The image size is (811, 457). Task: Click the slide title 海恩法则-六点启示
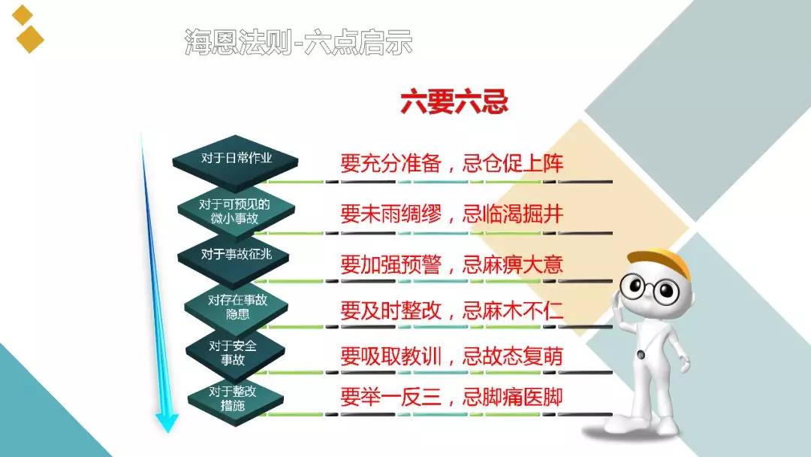298,42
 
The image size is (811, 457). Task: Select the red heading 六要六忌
454,101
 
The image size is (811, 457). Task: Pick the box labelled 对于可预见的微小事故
236,212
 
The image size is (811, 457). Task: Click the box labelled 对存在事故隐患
237,307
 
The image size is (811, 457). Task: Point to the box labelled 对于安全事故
235,353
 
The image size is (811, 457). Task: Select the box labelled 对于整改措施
235,398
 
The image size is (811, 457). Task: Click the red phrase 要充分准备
390,164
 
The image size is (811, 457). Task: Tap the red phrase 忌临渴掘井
512,213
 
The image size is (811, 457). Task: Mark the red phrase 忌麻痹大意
512,265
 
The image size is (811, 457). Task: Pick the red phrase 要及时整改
390,310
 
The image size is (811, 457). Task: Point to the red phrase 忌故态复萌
512,356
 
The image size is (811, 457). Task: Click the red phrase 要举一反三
390,397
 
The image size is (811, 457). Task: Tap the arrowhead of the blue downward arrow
167,422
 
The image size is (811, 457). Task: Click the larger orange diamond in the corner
30,39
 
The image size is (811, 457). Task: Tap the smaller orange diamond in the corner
23,14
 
